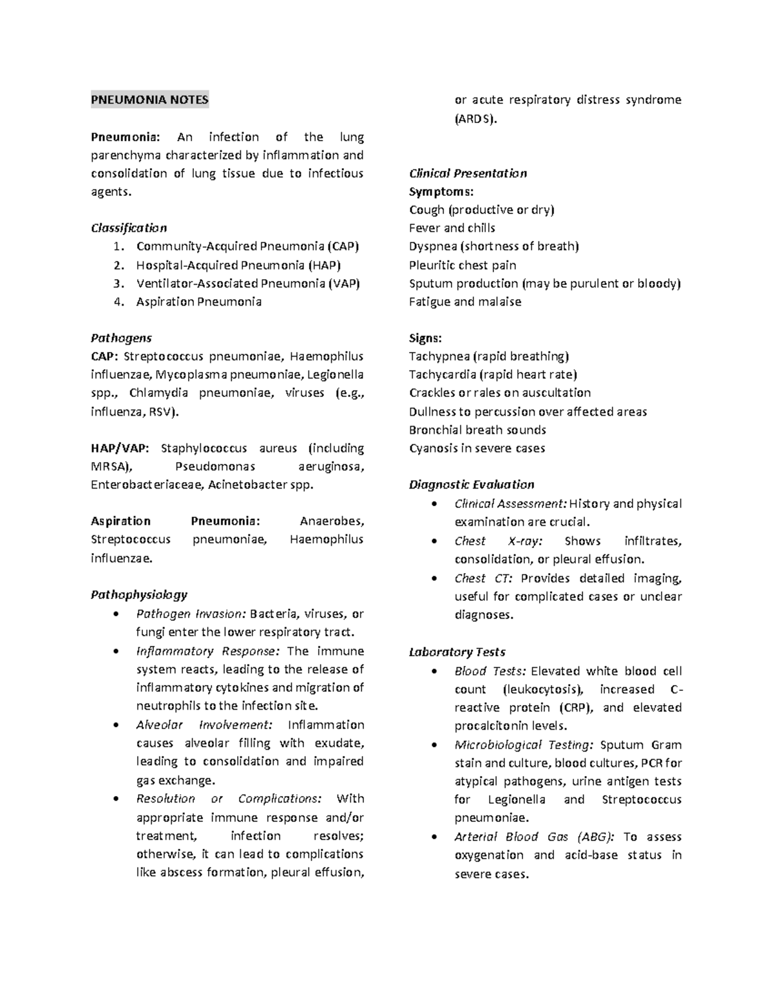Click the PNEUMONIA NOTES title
click(149, 100)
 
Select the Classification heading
click(129, 228)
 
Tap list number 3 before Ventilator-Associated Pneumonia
click(117, 284)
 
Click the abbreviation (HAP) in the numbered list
click(324, 265)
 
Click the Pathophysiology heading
click(139, 595)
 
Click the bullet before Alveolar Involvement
click(115, 725)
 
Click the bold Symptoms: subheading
click(441, 192)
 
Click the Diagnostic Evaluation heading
click(472, 485)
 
